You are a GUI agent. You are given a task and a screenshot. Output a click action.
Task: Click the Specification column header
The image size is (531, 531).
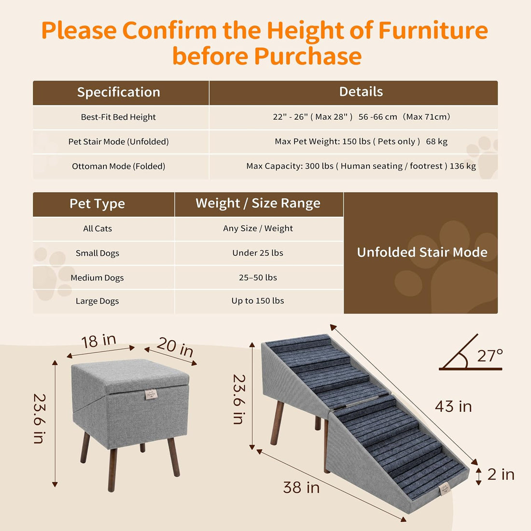coord(119,92)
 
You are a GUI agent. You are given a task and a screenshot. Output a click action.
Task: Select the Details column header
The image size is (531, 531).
coord(361,92)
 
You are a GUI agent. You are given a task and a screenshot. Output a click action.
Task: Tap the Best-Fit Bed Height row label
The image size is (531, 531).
coord(118,117)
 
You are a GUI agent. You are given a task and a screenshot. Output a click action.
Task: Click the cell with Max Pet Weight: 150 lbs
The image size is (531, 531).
coord(361,141)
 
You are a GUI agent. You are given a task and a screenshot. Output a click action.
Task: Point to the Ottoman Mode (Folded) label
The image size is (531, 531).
coord(119,166)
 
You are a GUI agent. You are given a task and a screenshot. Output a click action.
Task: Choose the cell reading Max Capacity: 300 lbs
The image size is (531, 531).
coord(361,166)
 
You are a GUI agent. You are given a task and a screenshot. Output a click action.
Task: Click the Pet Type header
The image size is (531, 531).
coord(97,204)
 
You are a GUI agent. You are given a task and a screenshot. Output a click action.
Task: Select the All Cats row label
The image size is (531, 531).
coord(98,229)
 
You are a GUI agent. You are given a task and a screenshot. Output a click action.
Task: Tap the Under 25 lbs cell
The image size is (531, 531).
coord(258,253)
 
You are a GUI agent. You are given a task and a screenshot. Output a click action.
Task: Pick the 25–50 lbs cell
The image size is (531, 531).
coord(258,278)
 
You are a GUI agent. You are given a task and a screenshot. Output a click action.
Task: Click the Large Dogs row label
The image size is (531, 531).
coord(97,301)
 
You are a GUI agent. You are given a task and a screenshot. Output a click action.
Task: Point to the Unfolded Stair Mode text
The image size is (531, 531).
coord(422,252)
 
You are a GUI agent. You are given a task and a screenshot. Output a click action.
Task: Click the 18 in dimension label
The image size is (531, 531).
coord(99,341)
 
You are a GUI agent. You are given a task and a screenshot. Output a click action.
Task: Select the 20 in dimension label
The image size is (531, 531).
coord(175,347)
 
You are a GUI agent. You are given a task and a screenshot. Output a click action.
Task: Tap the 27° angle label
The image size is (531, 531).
coord(489,356)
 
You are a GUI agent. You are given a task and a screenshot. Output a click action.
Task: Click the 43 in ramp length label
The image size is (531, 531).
coord(453,406)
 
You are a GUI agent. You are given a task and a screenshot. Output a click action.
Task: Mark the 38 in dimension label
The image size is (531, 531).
coord(301,488)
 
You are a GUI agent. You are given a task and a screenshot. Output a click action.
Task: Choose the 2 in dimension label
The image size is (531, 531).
coord(501,475)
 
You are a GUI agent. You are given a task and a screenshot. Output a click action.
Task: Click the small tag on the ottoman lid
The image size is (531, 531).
coord(151,394)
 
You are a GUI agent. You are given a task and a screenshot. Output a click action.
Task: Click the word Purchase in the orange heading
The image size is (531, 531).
coord(308,56)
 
